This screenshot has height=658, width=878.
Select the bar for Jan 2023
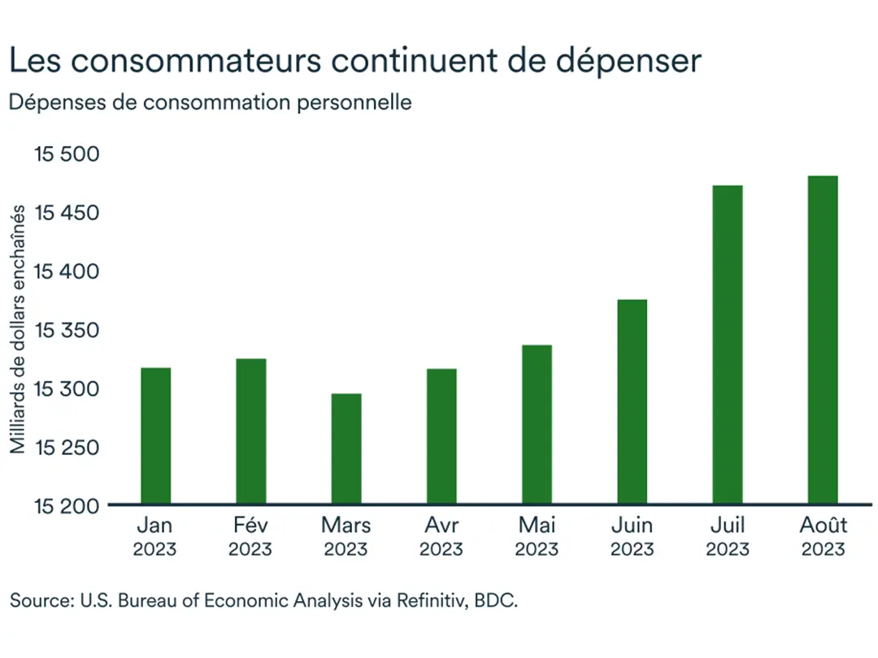coord(155,435)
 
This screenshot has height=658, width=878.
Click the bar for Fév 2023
coord(250,431)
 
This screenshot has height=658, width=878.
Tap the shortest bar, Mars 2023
coord(346,448)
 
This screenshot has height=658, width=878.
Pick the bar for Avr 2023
coord(441,436)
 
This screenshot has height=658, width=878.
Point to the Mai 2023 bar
coord(537,424)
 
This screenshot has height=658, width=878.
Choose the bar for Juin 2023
coord(632,401)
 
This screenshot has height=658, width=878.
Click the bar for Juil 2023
coord(727,344)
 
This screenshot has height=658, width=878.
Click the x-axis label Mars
coord(346,526)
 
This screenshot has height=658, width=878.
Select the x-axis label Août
coord(822,526)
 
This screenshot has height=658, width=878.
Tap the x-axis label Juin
coord(632,526)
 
